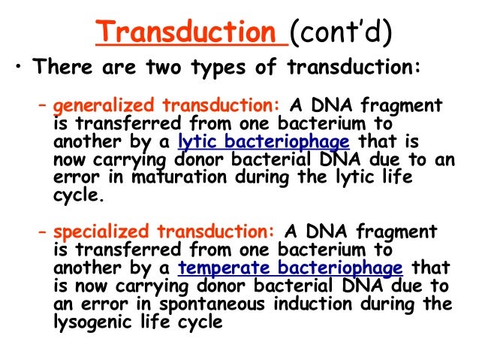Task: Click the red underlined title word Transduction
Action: coord(191,33)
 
